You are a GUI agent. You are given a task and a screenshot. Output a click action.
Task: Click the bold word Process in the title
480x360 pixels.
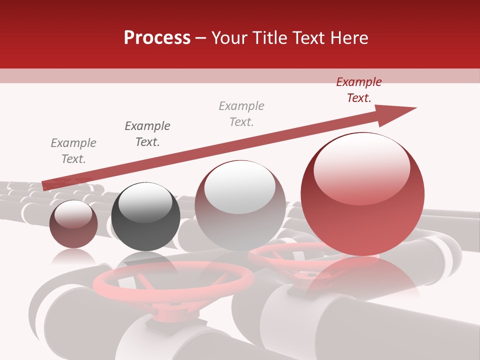pos(157,37)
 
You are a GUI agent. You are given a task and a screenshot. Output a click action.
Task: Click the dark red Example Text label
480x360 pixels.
pos(358,90)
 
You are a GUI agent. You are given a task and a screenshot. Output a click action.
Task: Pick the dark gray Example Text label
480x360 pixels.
pos(147,133)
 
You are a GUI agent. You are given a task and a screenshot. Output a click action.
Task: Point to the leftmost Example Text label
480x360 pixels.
pos(73,150)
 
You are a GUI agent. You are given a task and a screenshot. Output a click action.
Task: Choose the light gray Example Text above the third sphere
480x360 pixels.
pos(241,113)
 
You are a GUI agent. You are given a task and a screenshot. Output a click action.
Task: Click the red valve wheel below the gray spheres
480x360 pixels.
pos(173,282)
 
